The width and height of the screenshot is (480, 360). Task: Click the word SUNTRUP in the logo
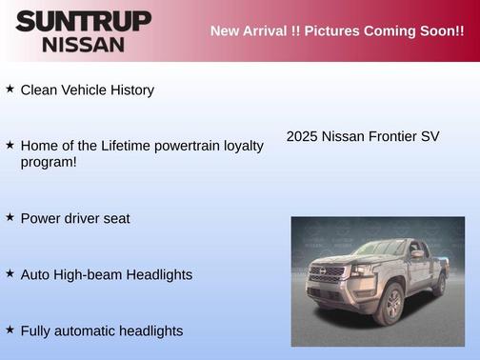click(83, 21)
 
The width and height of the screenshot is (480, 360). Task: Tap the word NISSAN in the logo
click(83, 44)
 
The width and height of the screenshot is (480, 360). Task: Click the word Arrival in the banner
click(271, 31)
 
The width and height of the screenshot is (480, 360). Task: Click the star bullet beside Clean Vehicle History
click(10, 89)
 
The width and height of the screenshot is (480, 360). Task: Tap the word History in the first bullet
click(130, 90)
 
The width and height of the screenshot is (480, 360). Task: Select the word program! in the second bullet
click(49, 162)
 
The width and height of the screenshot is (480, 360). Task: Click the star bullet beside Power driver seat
click(10, 217)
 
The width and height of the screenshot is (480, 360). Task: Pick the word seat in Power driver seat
click(115, 218)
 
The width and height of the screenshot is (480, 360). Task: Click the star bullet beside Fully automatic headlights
click(10, 330)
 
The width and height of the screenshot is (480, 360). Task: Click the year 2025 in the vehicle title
click(302, 136)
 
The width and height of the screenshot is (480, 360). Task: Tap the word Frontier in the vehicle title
click(390, 136)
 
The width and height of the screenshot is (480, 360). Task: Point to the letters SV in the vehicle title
click(430, 136)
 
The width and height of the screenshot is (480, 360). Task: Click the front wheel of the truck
click(390, 304)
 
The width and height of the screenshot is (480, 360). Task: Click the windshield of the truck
click(377, 250)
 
